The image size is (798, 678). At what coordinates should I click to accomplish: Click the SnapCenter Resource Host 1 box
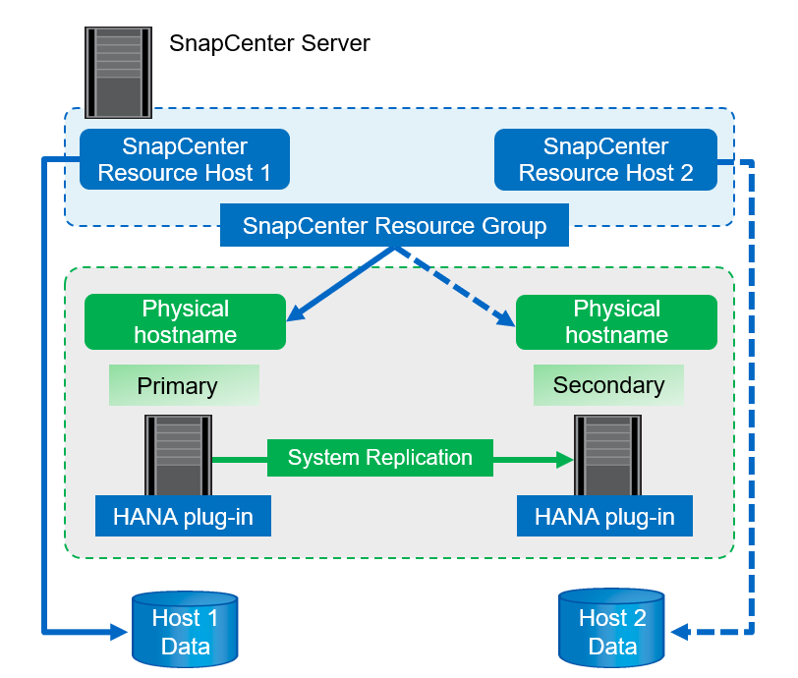point(184,159)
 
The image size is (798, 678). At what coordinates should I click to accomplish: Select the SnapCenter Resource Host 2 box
point(605,159)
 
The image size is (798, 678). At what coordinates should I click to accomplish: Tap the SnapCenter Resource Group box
point(395,226)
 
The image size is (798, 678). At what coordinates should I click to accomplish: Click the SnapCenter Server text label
point(269,43)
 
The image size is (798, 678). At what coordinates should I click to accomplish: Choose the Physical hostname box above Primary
point(185,321)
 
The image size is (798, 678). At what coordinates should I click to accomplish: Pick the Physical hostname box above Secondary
point(616,321)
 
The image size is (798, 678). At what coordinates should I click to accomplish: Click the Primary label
point(184,385)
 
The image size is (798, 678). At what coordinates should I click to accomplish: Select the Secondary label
point(608,385)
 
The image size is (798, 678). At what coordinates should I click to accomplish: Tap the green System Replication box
point(380,457)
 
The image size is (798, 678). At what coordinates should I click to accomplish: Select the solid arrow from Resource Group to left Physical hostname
point(339,284)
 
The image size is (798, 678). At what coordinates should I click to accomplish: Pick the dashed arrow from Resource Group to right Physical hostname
point(457,286)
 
